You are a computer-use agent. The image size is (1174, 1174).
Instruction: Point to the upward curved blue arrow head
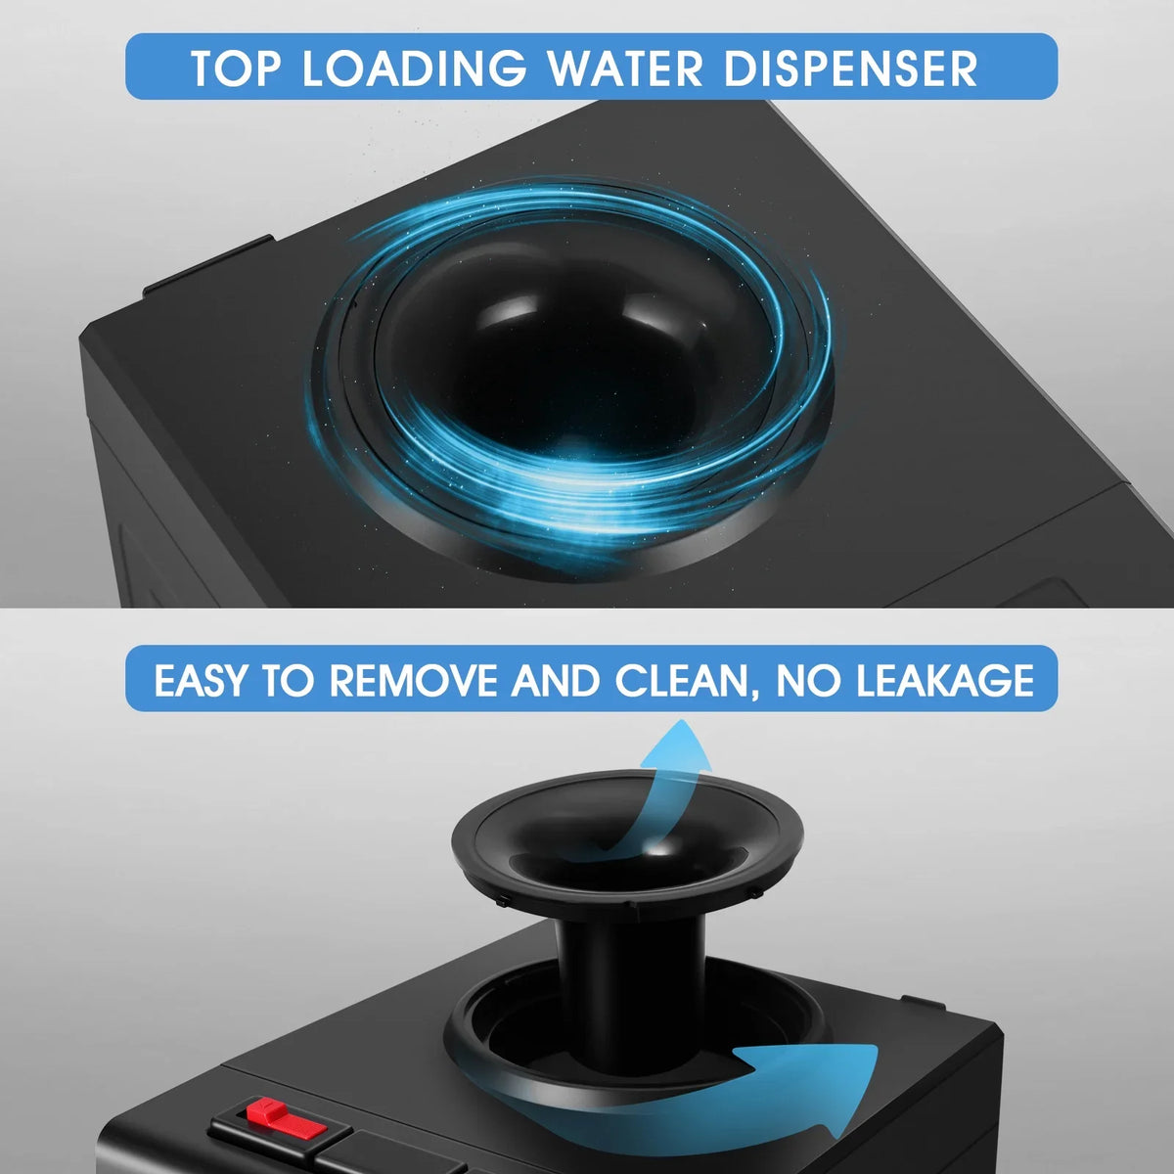click(x=682, y=748)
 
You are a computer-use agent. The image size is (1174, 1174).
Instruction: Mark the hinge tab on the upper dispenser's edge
click(x=207, y=266)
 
